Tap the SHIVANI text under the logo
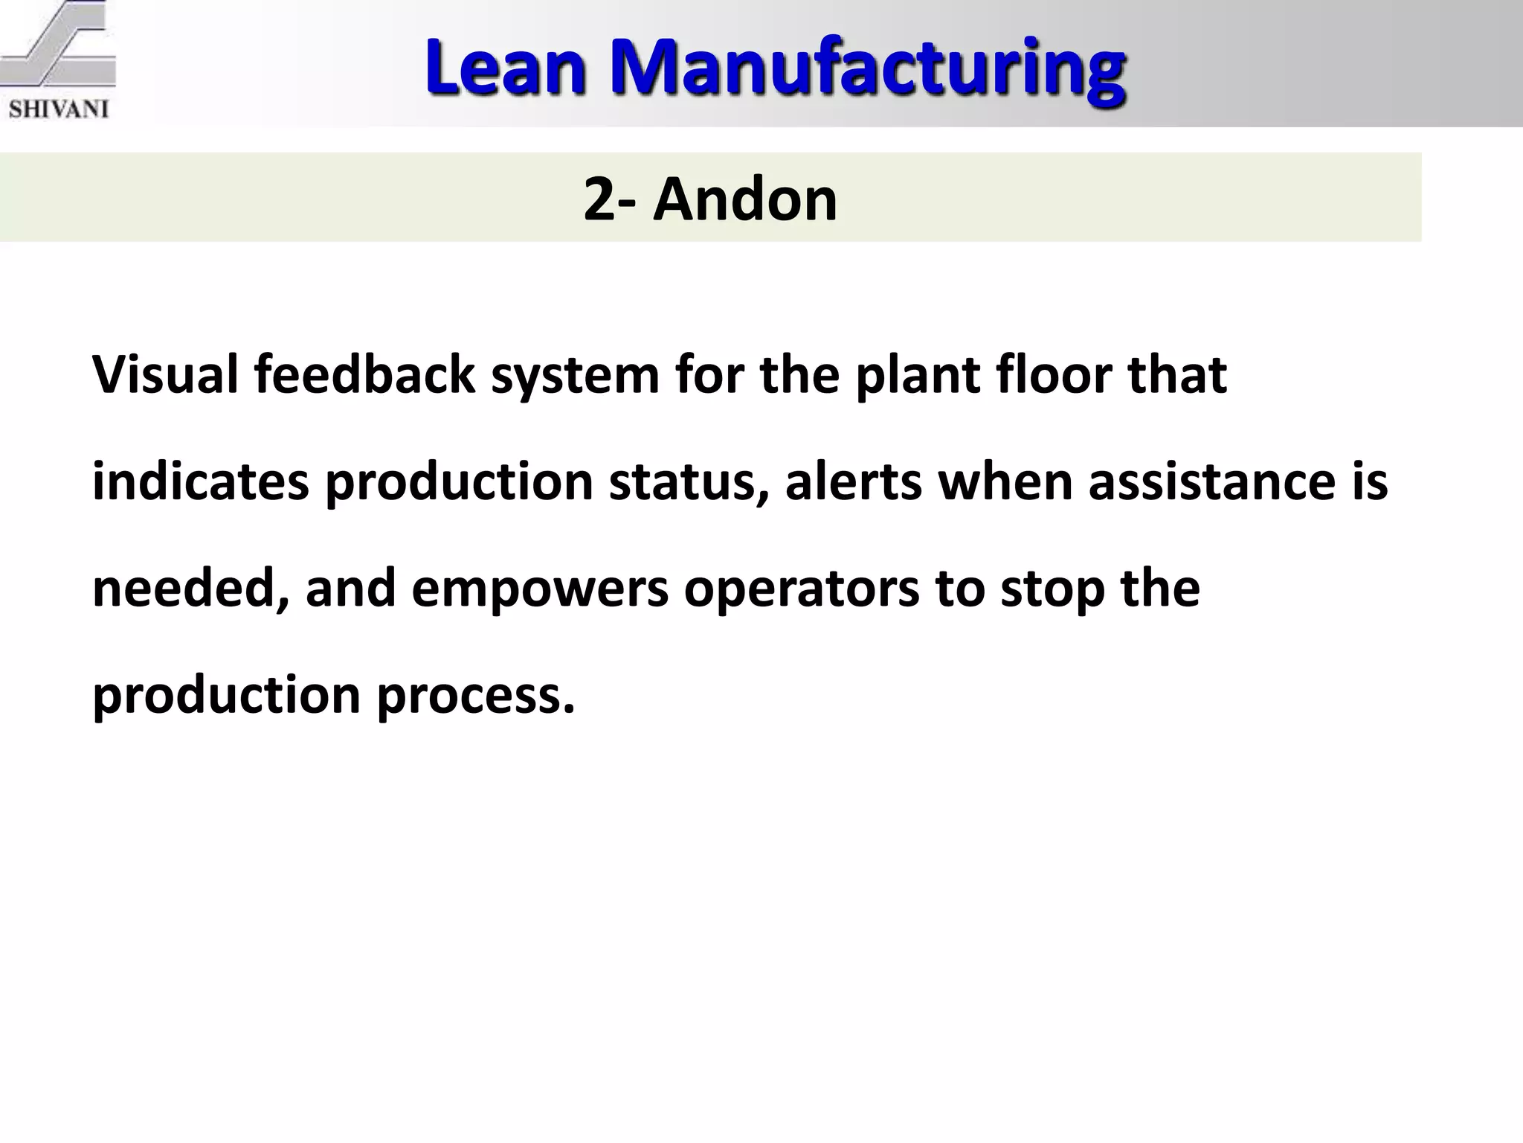59,109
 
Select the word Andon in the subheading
744,199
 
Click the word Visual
165,374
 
